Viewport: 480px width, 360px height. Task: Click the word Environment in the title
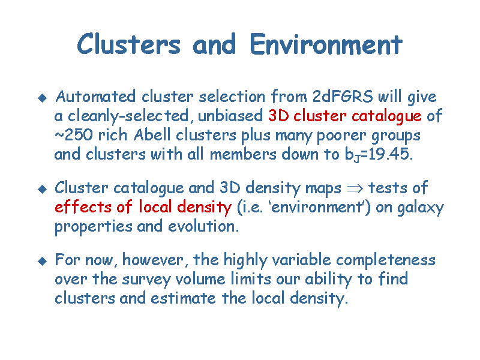(x=326, y=44)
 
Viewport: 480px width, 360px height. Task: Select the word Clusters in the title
(x=128, y=44)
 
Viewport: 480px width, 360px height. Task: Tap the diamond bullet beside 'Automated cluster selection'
(x=42, y=98)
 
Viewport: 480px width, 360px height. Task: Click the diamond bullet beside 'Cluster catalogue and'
(x=42, y=189)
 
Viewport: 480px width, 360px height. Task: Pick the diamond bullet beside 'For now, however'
(x=42, y=261)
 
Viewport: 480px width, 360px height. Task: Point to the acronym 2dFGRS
(x=343, y=97)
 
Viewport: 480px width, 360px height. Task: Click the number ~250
(x=73, y=135)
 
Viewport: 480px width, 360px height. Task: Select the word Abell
(x=152, y=134)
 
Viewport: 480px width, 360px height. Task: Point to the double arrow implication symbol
(x=355, y=188)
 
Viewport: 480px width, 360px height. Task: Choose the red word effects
(x=83, y=206)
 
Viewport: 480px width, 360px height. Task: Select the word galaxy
(x=421, y=208)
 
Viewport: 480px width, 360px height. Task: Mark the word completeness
(x=386, y=260)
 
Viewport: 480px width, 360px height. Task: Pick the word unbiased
(x=230, y=116)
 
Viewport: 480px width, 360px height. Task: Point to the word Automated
(x=95, y=97)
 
